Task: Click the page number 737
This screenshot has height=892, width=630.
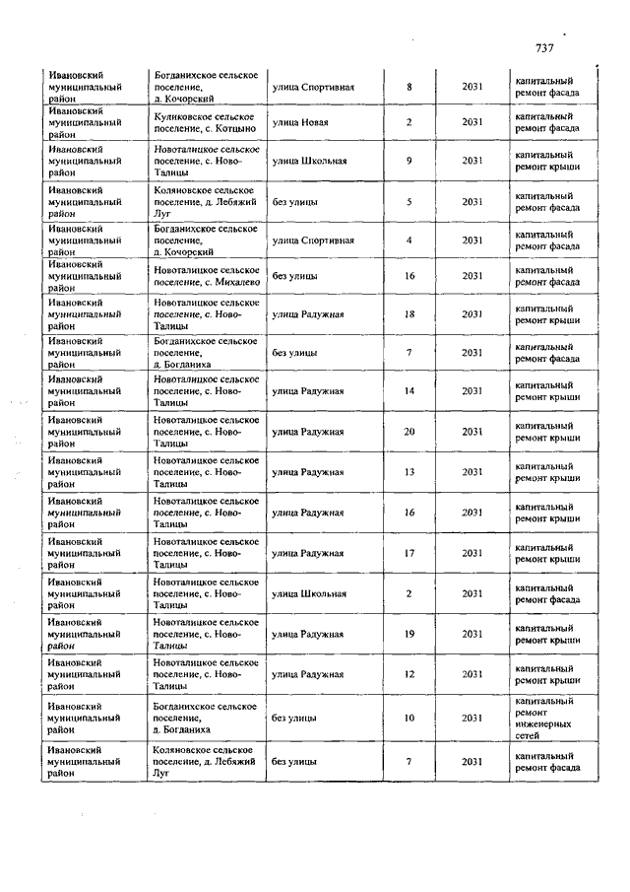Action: [546, 48]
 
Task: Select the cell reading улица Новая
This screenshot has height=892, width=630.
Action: [300, 122]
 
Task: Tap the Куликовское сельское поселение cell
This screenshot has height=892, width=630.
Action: [205, 122]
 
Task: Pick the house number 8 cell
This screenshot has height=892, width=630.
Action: [409, 88]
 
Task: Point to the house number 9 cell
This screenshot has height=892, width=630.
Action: [409, 161]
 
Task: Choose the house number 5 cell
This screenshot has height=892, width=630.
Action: [409, 202]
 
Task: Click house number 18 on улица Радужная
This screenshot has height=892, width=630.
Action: [409, 314]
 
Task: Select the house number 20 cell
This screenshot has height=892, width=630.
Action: [409, 432]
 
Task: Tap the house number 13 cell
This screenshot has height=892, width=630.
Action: [409, 472]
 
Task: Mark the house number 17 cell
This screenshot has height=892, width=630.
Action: [409, 553]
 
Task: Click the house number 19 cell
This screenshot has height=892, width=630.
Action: [409, 634]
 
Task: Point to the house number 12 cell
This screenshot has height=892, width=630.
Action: [409, 674]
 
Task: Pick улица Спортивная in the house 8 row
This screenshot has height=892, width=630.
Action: [313, 88]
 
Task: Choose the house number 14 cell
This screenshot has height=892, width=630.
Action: [409, 391]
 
